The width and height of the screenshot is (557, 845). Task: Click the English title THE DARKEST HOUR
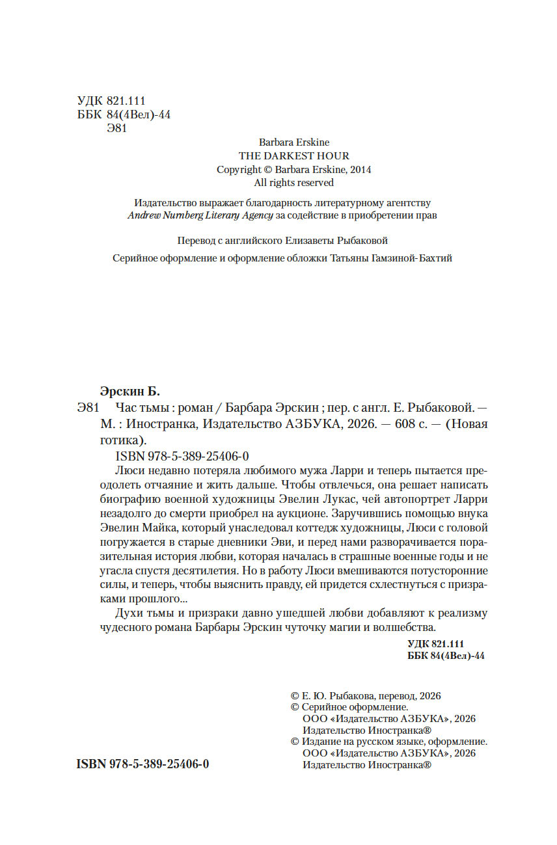point(293,155)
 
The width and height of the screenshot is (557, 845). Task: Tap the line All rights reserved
point(293,183)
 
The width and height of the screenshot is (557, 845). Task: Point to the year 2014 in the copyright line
point(360,169)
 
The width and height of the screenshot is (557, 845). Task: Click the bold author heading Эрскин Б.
point(129,392)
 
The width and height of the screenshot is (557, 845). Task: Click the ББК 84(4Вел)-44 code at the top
point(124,114)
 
